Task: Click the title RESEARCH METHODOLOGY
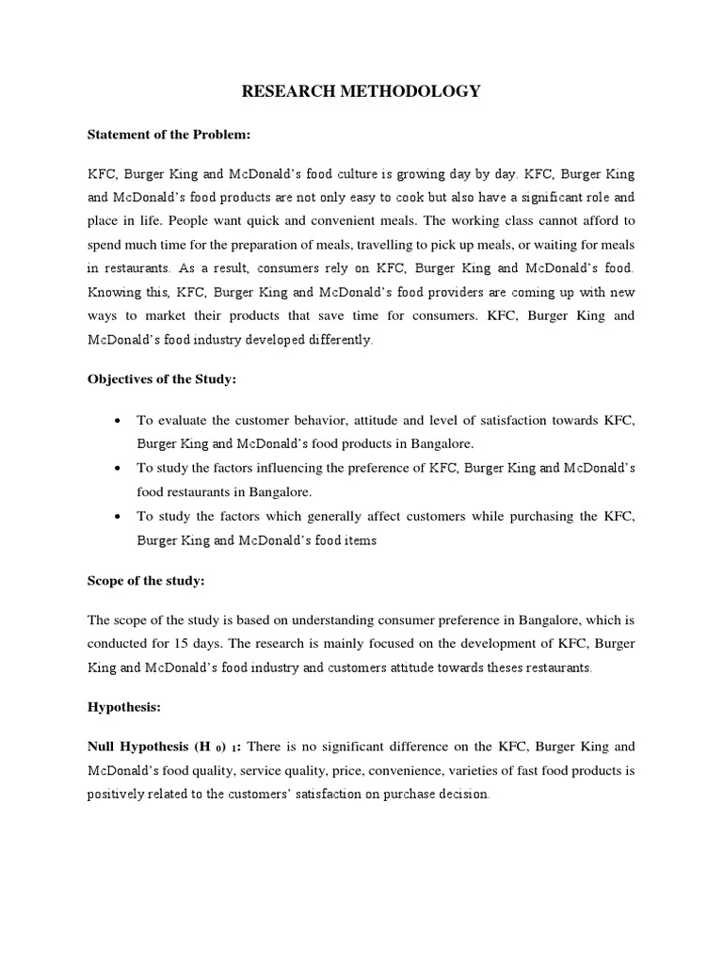pyautogui.click(x=361, y=91)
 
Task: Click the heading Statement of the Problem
pyautogui.click(x=169, y=135)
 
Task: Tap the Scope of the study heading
pyautogui.click(x=145, y=581)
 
